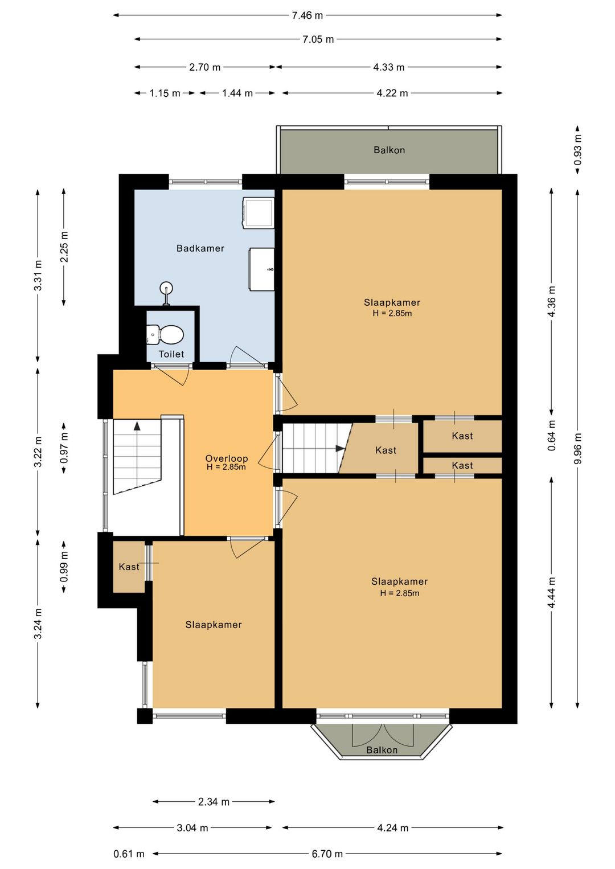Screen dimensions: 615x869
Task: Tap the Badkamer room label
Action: click(200, 248)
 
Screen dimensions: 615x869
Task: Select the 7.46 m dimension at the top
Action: click(307, 15)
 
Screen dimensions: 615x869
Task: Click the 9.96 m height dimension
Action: click(578, 448)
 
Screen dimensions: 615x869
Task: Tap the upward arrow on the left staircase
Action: click(137, 425)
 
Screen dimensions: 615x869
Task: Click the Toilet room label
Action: click(171, 354)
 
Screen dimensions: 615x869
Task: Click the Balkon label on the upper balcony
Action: click(389, 150)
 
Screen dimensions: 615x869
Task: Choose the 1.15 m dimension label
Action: click(165, 93)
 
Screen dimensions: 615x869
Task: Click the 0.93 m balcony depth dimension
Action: click(578, 149)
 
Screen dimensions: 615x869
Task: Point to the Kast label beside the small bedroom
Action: click(129, 567)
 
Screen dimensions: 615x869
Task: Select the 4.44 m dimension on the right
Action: click(552, 593)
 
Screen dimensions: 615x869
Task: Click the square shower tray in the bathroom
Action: click(259, 212)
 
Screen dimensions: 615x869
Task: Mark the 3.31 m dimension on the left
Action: click(38, 276)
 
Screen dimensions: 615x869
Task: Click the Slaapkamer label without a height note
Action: click(214, 625)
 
